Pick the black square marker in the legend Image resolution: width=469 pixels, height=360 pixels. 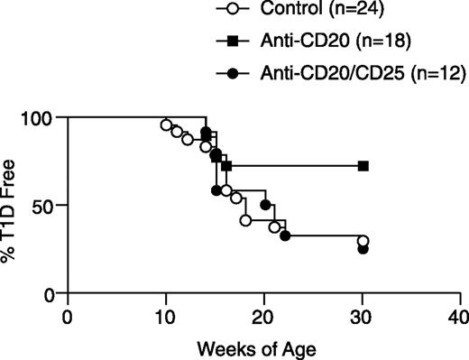[234, 41]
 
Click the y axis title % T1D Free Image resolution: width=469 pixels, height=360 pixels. [12, 205]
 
